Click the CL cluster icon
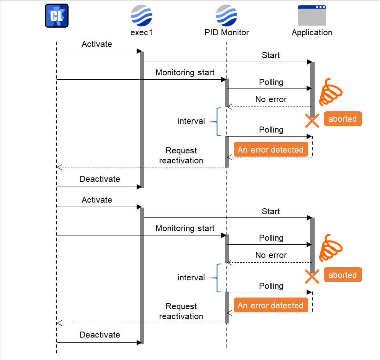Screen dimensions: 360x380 pyautogui.click(x=56, y=16)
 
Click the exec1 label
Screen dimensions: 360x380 pyautogui.click(x=141, y=32)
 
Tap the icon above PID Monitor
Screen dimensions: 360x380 pyautogui.click(x=226, y=15)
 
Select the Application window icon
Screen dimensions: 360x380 pyautogui.click(x=312, y=16)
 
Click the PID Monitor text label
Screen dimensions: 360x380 pyautogui.click(x=226, y=32)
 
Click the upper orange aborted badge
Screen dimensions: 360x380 pyautogui.click(x=342, y=119)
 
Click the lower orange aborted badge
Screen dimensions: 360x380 pyautogui.click(x=342, y=275)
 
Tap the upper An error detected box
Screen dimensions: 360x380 pyautogui.click(x=271, y=150)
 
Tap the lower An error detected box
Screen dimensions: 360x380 pyautogui.click(x=271, y=306)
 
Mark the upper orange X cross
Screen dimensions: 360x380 pyautogui.click(x=312, y=121)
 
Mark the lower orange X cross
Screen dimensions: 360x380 pyautogui.click(x=312, y=276)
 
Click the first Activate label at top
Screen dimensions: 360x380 pyautogui.click(x=97, y=44)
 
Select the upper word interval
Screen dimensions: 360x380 pyautogui.click(x=191, y=121)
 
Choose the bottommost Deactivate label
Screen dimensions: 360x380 pyautogui.click(x=99, y=335)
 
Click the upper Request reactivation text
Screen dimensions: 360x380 pyautogui.click(x=181, y=155)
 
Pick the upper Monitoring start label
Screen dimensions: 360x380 pyautogui.click(x=185, y=72)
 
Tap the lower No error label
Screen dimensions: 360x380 pyautogui.click(x=271, y=255)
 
